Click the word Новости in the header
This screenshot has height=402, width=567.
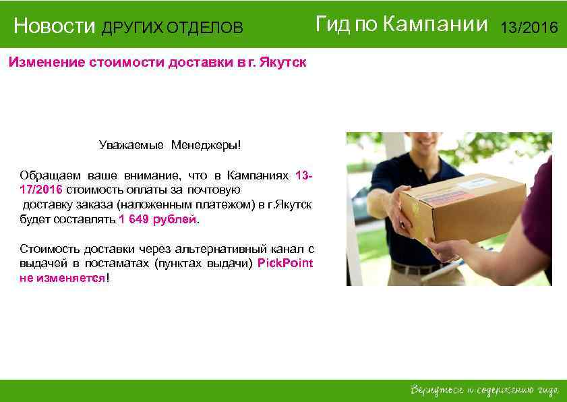(x=55, y=27)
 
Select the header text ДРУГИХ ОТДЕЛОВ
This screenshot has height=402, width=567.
(x=172, y=28)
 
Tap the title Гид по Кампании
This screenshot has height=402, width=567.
(x=401, y=25)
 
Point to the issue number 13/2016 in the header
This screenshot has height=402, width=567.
(x=529, y=28)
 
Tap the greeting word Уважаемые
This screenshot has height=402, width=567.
(x=131, y=145)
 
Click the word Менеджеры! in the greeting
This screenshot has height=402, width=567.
(x=205, y=145)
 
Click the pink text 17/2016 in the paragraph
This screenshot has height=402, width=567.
(x=40, y=190)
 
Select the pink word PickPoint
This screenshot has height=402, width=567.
(x=285, y=263)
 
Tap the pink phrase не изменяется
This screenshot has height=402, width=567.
(x=62, y=278)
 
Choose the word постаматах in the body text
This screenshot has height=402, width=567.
(x=124, y=263)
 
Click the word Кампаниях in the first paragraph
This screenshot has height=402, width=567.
(x=258, y=175)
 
